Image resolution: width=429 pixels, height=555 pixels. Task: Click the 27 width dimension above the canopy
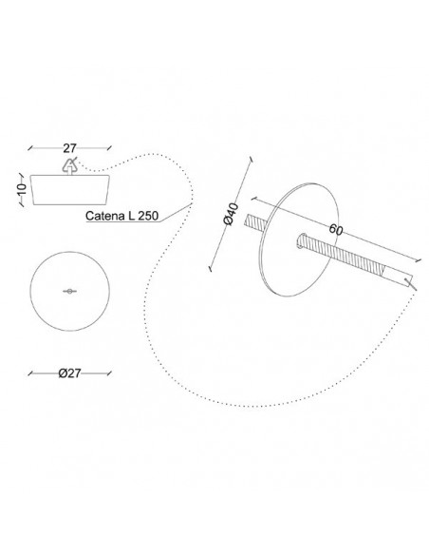(69, 148)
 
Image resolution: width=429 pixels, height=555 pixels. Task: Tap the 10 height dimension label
(22, 189)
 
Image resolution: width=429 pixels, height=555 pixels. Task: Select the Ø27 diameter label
(69, 373)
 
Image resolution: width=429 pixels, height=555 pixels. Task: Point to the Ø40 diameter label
(232, 214)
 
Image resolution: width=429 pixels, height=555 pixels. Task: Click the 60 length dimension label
(336, 230)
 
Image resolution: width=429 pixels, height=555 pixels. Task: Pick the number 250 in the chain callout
(148, 216)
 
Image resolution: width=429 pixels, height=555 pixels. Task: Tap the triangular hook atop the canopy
(70, 165)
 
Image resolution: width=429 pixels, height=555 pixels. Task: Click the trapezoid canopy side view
(69, 189)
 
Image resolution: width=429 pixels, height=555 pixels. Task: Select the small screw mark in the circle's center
(70, 292)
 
